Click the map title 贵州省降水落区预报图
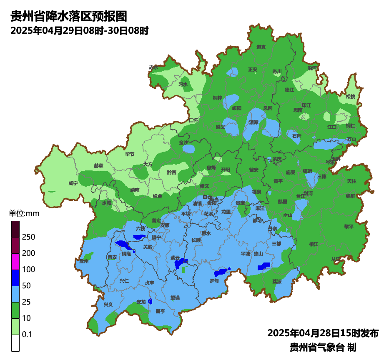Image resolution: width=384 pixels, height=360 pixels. pos(68,16)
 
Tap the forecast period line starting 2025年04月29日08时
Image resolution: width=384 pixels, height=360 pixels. pos(79,30)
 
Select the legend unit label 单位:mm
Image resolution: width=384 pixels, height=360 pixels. pos(24,214)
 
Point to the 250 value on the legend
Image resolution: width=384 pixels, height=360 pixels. pos(28,237)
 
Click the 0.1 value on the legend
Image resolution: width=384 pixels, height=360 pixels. pos(27,335)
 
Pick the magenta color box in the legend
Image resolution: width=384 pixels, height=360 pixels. pos(15,261)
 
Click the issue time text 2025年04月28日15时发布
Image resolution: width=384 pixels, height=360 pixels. pos(323,333)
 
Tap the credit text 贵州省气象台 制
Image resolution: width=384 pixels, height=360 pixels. pos(323,347)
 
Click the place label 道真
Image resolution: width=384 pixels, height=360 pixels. pos(261,47)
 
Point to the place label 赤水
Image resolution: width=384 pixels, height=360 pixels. pos(153,67)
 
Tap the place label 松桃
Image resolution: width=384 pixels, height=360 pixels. pos(350,97)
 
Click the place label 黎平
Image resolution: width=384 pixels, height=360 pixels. pos(349,227)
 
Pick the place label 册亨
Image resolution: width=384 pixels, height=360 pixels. pos(160,311)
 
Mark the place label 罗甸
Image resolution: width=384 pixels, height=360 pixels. pos(214,281)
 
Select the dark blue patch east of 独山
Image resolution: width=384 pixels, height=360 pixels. pos(264,265)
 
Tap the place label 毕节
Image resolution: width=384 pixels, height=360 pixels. pos(130,154)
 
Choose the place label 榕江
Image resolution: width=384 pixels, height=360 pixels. pos(314,244)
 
